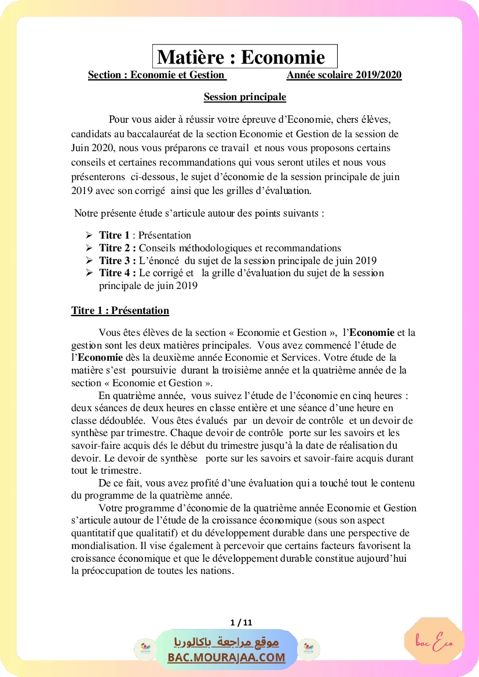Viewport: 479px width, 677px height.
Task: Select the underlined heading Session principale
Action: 244,97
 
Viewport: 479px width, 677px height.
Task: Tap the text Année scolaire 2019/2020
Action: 343,75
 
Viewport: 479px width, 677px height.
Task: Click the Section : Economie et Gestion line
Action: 156,75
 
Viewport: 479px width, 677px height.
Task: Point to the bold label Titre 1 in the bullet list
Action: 114,235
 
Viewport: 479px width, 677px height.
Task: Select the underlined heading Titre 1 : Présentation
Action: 120,310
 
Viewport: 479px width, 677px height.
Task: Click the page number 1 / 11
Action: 241,623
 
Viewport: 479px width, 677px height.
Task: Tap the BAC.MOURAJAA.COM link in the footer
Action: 226,657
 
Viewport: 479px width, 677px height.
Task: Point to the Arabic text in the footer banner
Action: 226,642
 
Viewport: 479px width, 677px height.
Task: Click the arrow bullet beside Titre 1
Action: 89,235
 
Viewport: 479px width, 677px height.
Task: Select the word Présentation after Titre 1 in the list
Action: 164,235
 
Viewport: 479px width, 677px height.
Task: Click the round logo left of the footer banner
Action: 145,649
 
